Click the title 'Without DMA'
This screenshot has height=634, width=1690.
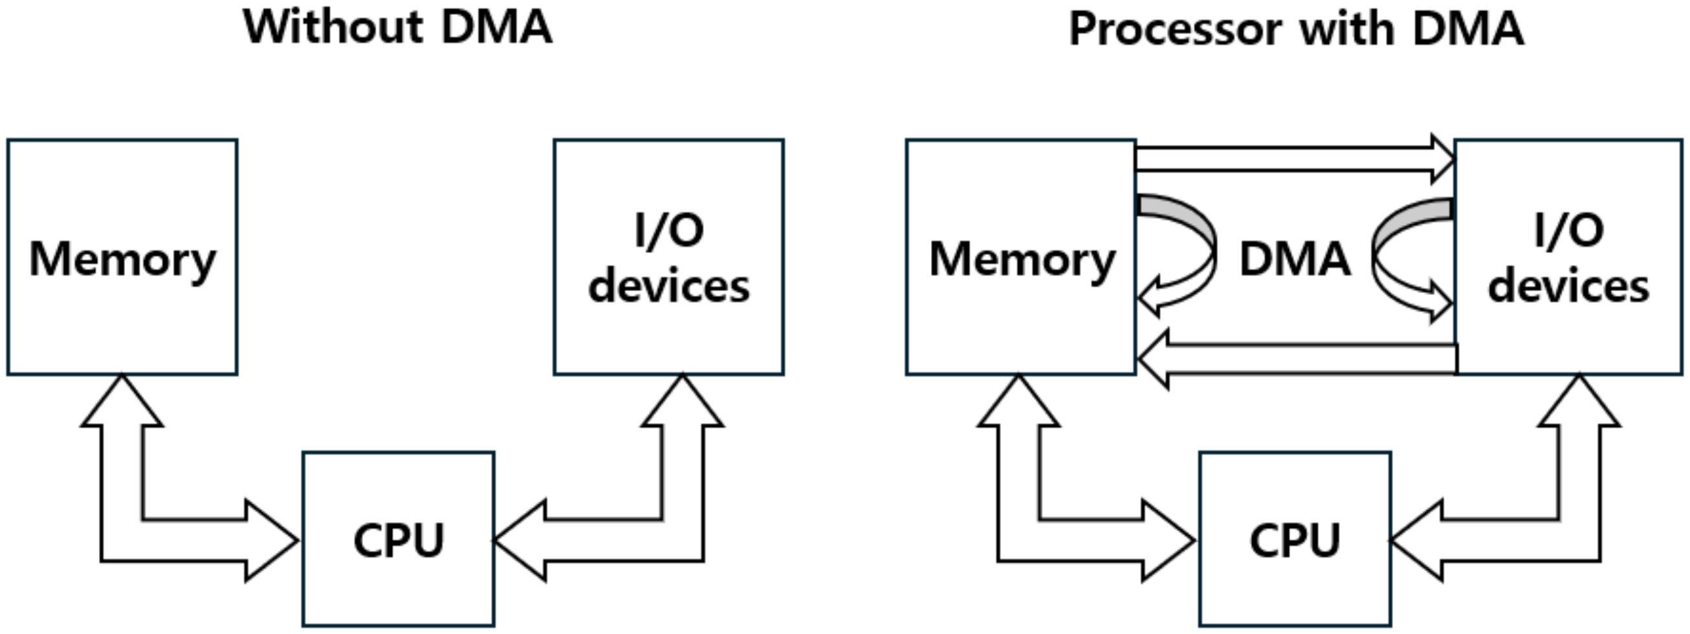coord(397,28)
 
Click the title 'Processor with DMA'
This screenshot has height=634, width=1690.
coord(1296,29)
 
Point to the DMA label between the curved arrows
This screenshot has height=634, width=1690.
coord(1295,259)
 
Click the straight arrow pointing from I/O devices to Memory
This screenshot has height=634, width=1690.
coord(1299,359)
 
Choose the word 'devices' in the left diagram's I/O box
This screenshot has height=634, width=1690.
coord(668,287)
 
